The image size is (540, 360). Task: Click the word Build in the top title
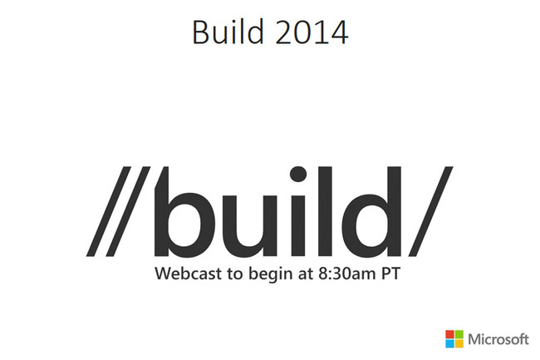click(x=228, y=32)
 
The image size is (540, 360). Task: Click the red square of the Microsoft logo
click(x=449, y=334)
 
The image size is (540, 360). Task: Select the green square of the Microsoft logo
click(x=459, y=334)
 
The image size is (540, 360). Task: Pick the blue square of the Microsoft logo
click(x=449, y=343)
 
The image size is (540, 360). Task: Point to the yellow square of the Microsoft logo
click(x=459, y=343)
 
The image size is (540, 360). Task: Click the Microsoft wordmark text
click(x=498, y=339)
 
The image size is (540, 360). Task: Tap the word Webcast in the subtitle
click(x=188, y=274)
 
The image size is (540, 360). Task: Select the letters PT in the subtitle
click(x=391, y=274)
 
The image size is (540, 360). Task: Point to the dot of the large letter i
click(x=298, y=174)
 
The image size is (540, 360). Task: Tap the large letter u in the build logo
click(x=256, y=227)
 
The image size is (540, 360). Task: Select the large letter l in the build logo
click(x=325, y=211)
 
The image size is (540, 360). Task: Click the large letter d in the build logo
click(x=373, y=212)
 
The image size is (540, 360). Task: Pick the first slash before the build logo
click(x=109, y=211)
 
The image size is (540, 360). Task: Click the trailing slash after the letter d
click(x=431, y=211)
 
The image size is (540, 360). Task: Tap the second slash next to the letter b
click(x=128, y=211)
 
